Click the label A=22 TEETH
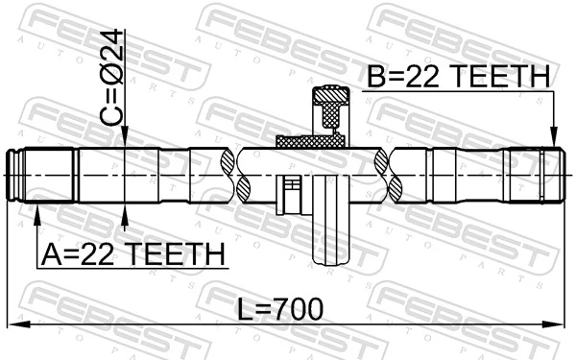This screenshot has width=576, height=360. (132, 254)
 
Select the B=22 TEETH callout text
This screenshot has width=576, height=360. (459, 77)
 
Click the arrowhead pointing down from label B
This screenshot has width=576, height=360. (553, 140)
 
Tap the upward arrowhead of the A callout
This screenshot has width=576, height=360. (36, 213)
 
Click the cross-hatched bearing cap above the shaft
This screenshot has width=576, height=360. (330, 106)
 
